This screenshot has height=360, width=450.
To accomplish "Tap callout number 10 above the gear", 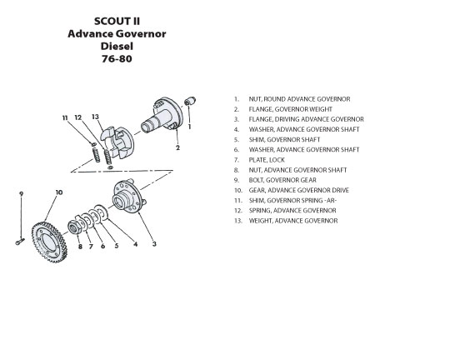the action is (x=59, y=192).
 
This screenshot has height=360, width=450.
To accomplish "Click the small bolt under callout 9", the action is (x=20, y=242).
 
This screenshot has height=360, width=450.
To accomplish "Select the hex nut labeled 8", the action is (x=75, y=228).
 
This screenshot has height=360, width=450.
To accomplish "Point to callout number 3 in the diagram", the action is (x=154, y=244).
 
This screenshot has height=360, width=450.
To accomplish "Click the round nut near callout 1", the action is (x=190, y=101).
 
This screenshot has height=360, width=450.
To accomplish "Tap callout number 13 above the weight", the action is (x=95, y=117).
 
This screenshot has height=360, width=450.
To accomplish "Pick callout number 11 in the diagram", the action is (x=65, y=117).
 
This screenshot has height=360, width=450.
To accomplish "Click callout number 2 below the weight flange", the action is (x=177, y=147).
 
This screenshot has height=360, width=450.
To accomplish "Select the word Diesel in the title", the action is (x=117, y=46).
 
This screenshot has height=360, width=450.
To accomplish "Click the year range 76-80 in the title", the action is (x=117, y=59).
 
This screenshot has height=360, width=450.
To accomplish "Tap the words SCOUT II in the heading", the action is (x=117, y=21).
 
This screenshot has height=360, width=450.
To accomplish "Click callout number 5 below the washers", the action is (x=117, y=246).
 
